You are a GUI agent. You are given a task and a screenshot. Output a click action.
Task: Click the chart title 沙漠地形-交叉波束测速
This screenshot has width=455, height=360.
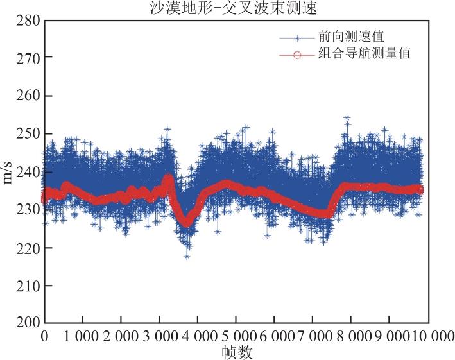click(233, 8)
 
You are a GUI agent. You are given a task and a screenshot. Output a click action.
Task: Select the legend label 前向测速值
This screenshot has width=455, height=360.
click(352, 37)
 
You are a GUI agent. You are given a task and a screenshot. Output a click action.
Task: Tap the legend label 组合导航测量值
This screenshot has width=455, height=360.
click(365, 53)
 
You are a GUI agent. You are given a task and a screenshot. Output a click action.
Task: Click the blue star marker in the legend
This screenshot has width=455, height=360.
click(297, 38)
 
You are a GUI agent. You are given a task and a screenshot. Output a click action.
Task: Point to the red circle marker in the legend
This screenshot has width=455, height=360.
click(297, 55)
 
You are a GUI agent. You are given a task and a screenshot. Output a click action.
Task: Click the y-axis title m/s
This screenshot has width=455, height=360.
click(7, 173)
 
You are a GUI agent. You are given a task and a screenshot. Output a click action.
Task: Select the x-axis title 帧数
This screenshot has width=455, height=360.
click(237, 352)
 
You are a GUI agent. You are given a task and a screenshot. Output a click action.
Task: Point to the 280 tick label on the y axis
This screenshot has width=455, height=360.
click(28, 21)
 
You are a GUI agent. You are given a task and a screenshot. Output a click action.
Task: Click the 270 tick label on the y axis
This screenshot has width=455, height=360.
click(28, 59)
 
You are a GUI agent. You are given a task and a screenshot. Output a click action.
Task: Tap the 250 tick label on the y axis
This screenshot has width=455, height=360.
click(28, 134)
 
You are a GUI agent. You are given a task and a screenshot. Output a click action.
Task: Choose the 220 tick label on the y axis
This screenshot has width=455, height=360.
click(28, 248)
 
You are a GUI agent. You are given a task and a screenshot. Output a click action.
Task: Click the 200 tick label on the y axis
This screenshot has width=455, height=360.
click(28, 323)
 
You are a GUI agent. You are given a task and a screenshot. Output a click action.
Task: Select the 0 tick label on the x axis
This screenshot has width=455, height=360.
click(44, 336)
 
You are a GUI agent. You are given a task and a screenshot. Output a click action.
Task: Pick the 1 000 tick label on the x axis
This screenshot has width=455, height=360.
click(82, 336)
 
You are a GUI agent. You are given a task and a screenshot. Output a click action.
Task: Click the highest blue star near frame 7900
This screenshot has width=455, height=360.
click(347, 117)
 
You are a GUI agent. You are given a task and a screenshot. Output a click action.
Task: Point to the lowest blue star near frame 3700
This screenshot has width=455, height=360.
click(187, 257)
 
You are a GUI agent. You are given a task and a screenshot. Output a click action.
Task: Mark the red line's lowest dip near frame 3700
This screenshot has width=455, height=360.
click(186, 223)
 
